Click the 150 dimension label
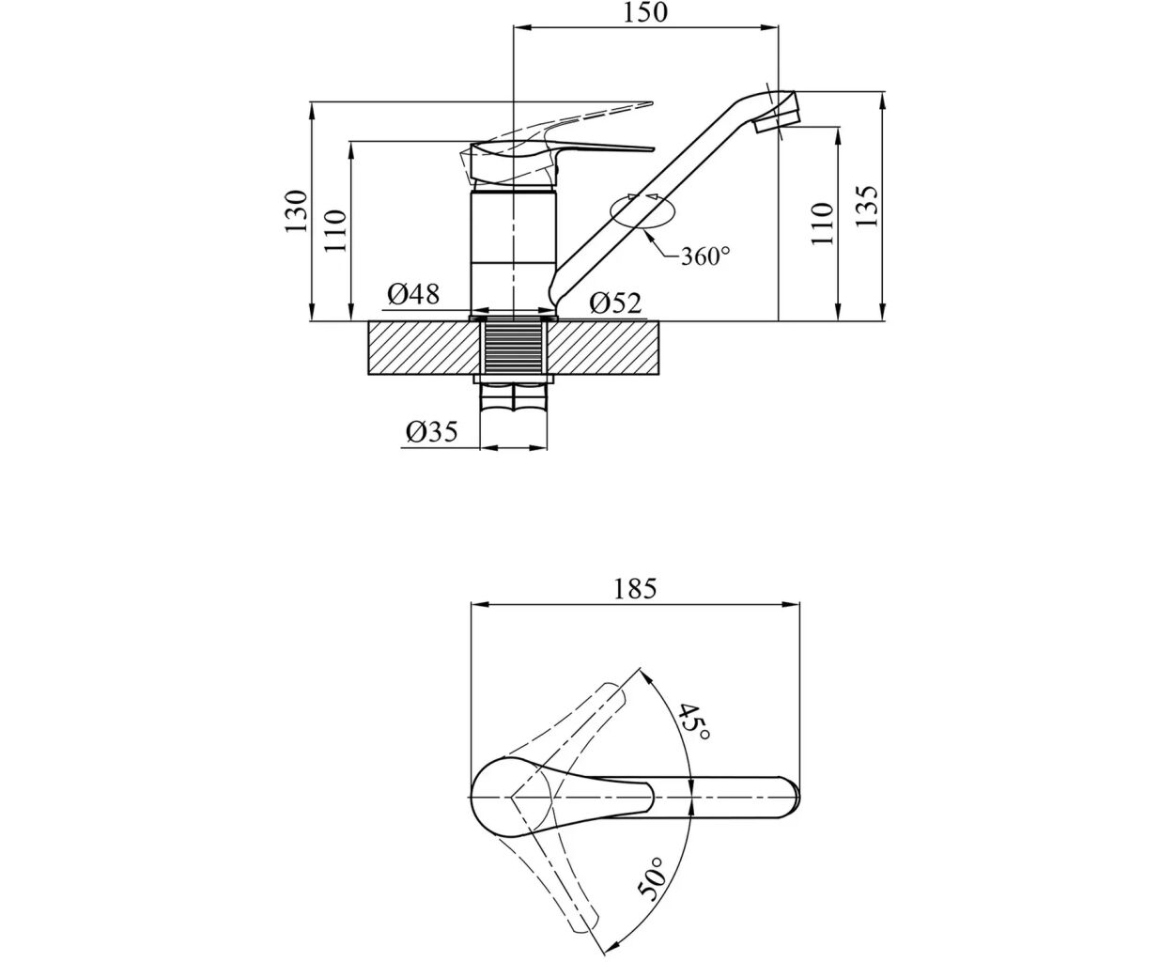click(644, 12)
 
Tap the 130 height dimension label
click(296, 211)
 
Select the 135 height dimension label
click(866, 206)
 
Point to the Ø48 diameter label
click(413, 293)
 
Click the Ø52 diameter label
click(615, 303)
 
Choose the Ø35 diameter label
click(431, 431)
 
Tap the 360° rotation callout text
click(705, 256)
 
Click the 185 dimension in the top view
click(635, 589)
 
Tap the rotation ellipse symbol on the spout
click(642, 212)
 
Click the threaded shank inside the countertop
click(513, 348)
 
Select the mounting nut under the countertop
click(513, 380)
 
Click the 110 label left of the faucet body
click(335, 231)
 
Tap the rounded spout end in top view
click(792, 798)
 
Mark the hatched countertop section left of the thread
click(424, 348)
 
